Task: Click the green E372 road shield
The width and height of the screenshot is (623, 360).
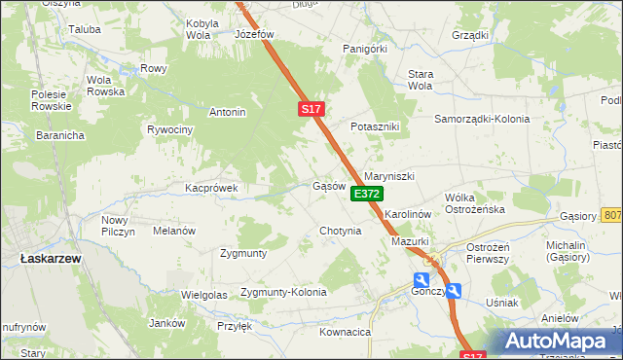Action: [x=366, y=195]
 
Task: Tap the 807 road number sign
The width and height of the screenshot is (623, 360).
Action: [x=612, y=215]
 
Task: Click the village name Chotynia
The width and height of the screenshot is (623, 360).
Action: [x=341, y=231]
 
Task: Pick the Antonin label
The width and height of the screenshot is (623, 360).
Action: [x=227, y=112]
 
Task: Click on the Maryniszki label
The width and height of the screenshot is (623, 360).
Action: [x=389, y=176]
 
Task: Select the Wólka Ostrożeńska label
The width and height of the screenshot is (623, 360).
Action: [x=474, y=203]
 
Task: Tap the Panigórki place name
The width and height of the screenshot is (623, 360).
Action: [x=365, y=48]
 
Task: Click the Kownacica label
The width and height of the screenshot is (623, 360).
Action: [x=346, y=332]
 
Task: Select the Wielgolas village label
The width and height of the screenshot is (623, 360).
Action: [x=203, y=294]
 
